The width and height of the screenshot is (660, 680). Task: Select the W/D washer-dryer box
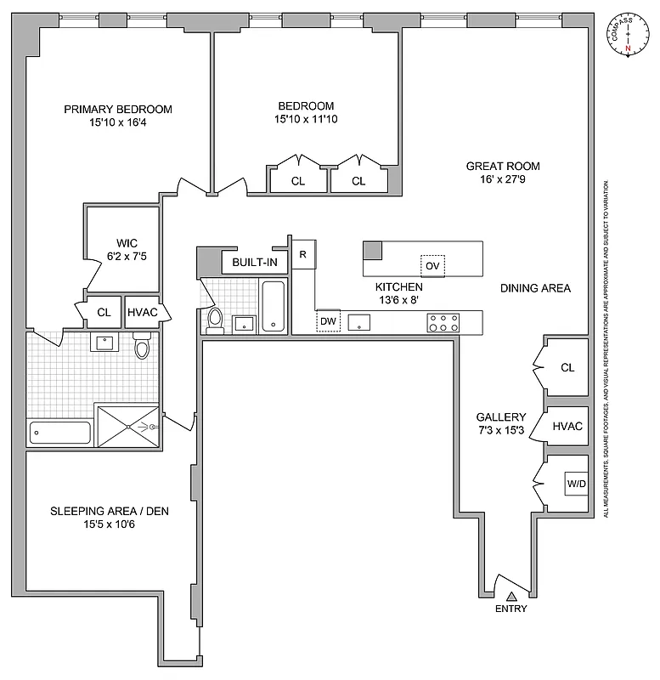pyautogui.click(x=577, y=484)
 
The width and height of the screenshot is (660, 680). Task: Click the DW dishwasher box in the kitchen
pyautogui.click(x=328, y=321)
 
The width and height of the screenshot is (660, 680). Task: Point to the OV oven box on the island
pyautogui.click(x=433, y=266)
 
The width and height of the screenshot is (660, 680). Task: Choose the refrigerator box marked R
pyautogui.click(x=302, y=256)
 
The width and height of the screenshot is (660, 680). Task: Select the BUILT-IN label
pyautogui.click(x=255, y=262)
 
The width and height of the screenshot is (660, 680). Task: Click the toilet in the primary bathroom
pyautogui.click(x=142, y=347)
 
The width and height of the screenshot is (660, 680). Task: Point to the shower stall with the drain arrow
pyautogui.click(x=127, y=426)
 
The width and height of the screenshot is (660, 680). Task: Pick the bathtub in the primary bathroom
pyautogui.click(x=59, y=433)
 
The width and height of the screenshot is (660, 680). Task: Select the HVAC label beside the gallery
pyautogui.click(x=567, y=426)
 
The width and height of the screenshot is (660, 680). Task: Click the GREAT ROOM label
pyautogui.click(x=503, y=167)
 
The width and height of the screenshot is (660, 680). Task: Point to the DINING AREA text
pyautogui.click(x=534, y=288)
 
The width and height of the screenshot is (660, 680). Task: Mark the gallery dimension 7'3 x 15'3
pyautogui.click(x=500, y=432)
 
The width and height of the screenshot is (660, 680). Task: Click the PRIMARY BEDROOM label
pyautogui.click(x=118, y=109)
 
